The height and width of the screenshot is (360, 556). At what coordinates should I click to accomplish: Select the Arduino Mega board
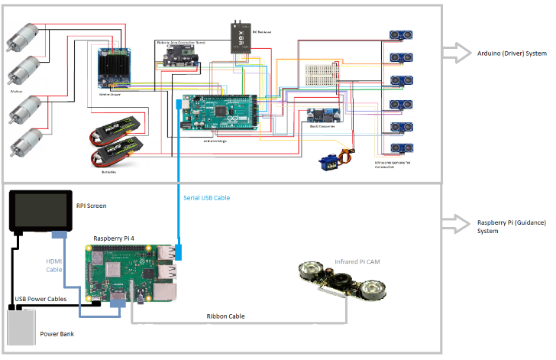pos(218,112)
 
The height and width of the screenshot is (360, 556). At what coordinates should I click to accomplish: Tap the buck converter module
pos(318,115)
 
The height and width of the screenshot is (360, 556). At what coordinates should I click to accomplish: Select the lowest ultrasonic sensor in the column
pos(399,149)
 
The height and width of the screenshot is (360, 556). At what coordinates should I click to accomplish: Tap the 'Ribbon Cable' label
pos(227,316)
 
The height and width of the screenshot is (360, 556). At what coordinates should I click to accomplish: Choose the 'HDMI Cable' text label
pos(53,264)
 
